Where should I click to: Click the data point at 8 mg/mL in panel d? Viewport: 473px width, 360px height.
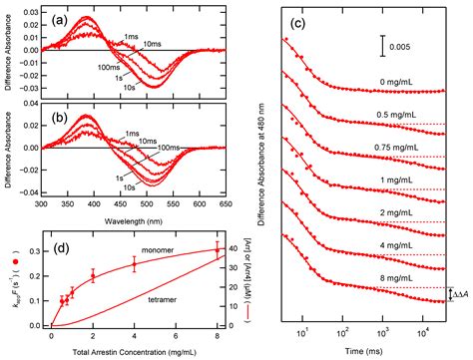click(x=218, y=250)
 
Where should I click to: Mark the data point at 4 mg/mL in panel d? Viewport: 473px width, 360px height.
click(x=134, y=264)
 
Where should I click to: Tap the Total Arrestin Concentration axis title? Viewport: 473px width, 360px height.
click(x=133, y=353)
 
